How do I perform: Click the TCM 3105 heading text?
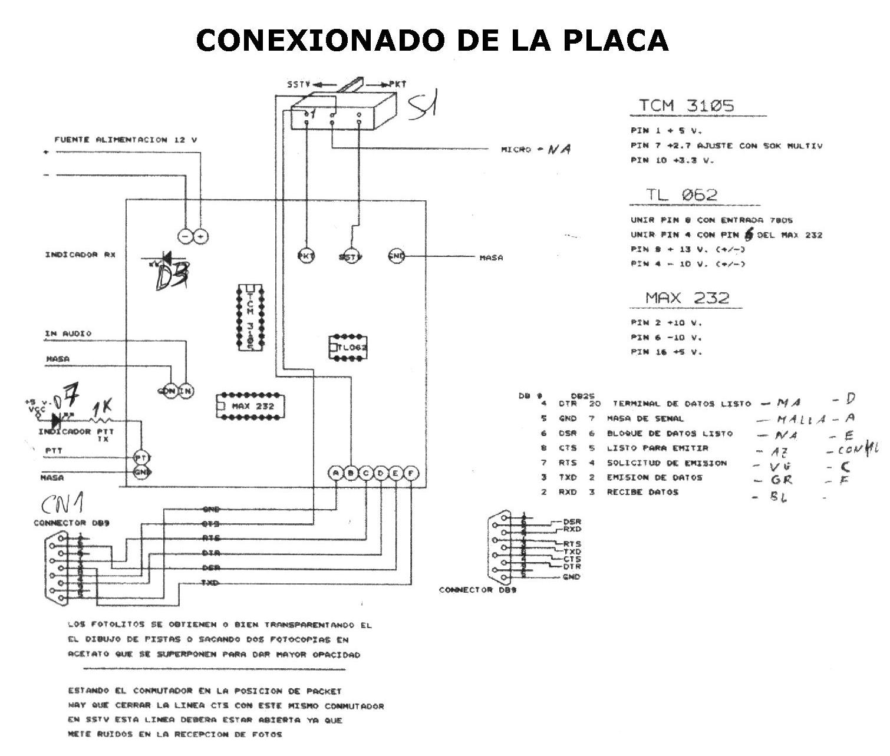click(687, 106)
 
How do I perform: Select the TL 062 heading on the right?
click(681, 195)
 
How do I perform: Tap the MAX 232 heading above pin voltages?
click(687, 298)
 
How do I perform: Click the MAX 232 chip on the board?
click(249, 405)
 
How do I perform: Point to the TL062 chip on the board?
click(348, 348)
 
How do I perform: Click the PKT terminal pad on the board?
click(305, 256)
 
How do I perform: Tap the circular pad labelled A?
click(335, 473)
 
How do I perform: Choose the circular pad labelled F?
click(411, 473)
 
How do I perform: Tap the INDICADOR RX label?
click(80, 255)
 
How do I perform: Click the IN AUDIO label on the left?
click(68, 334)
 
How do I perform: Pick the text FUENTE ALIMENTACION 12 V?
click(126, 140)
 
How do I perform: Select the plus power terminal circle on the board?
click(202, 236)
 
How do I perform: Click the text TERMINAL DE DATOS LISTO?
click(681, 404)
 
